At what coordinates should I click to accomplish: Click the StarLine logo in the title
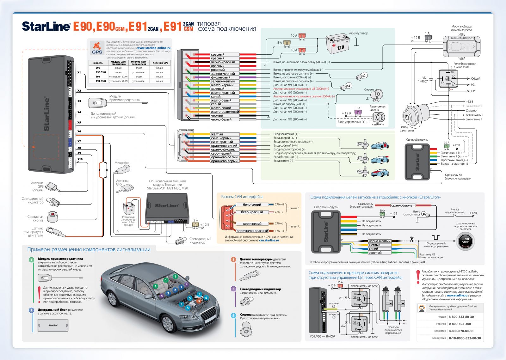pyautogui.click(x=46, y=26)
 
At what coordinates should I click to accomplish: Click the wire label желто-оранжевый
pyautogui.click(x=225, y=112)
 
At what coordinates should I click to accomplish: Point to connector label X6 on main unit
pyautogui.click(x=79, y=131)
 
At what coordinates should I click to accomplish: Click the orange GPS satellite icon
pyautogui.click(x=97, y=48)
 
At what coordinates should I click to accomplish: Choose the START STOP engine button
pyautogui.click(x=465, y=242)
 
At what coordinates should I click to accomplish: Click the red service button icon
pyautogui.click(x=53, y=217)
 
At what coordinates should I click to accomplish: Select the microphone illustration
pyautogui.click(x=122, y=170)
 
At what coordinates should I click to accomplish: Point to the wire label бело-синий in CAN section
pyautogui.click(x=252, y=205)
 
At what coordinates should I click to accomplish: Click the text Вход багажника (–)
pyautogui.click(x=286, y=157)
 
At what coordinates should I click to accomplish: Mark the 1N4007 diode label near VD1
pyautogui.click(x=423, y=82)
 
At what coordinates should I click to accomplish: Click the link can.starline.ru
pyautogui.click(x=269, y=241)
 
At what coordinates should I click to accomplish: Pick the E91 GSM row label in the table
pyautogui.click(x=101, y=81)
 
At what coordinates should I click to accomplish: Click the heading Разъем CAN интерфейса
pyautogui.click(x=242, y=197)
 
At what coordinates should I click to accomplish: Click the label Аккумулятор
pyautogui.click(x=358, y=33)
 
